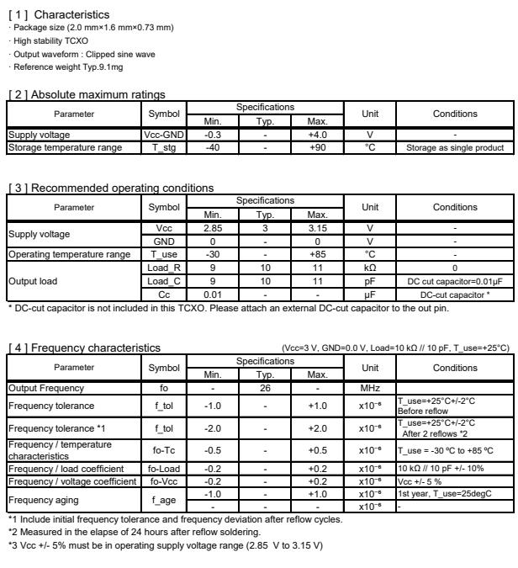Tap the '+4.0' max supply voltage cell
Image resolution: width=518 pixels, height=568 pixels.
click(x=318, y=135)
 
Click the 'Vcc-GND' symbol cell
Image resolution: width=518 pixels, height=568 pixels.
click(x=164, y=135)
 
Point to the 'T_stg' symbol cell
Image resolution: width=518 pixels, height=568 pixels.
click(x=164, y=148)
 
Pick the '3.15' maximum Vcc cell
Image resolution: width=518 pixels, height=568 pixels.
click(x=318, y=228)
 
